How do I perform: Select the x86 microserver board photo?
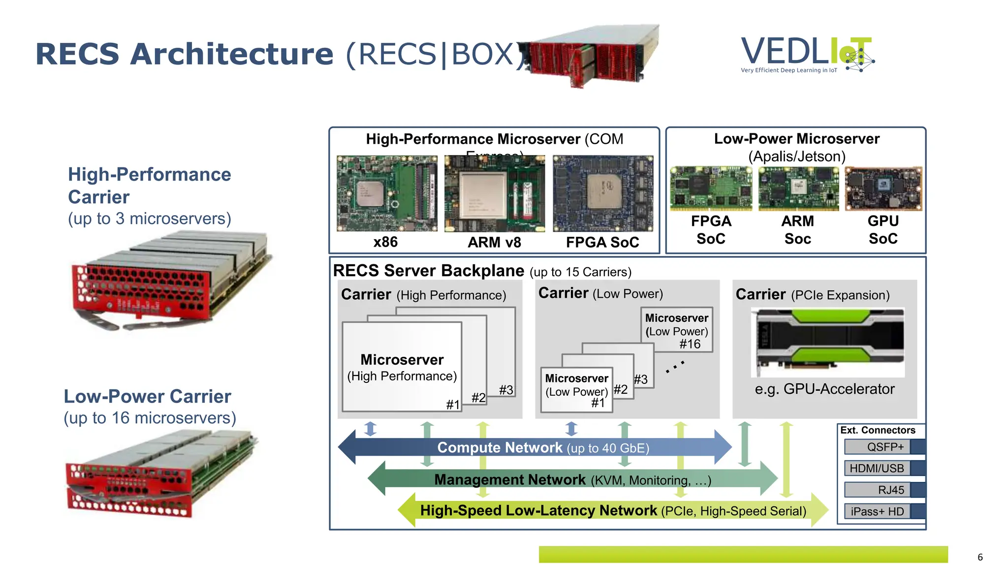click(387, 193)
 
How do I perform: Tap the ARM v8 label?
click(494, 242)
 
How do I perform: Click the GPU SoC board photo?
click(883, 189)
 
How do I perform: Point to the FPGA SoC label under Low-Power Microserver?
click(711, 230)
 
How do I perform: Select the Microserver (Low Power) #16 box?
click(677, 330)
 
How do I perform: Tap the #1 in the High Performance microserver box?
click(453, 405)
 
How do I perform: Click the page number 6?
click(980, 557)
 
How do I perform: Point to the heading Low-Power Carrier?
click(147, 396)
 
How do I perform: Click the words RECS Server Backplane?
click(428, 271)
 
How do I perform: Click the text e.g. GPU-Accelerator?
click(824, 389)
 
